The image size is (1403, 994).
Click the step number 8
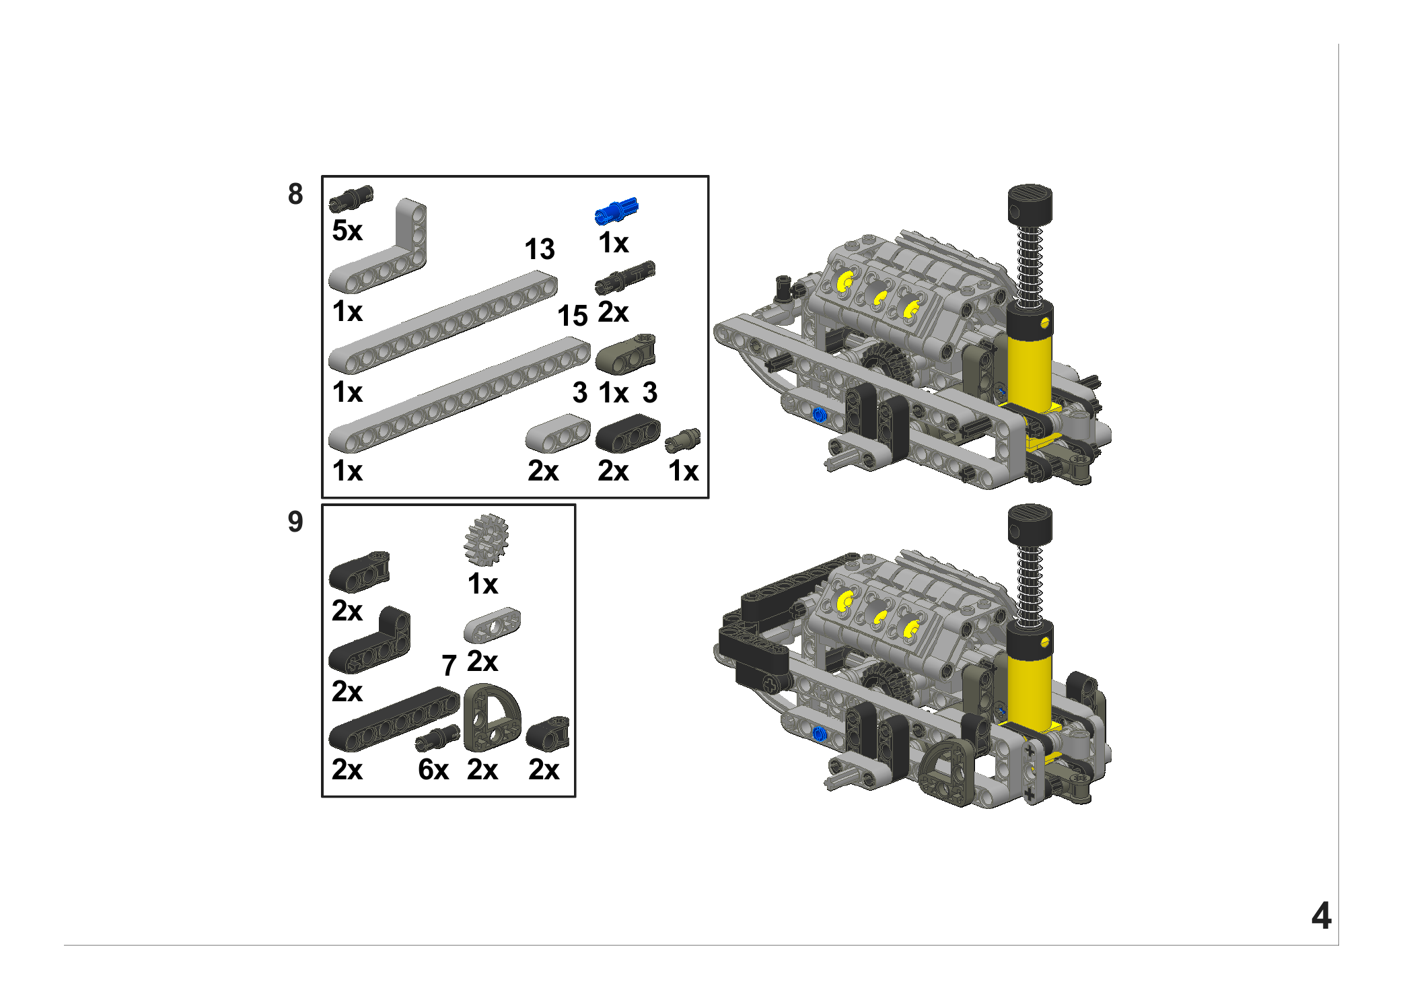click(x=295, y=194)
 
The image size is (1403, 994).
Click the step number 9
click(x=295, y=522)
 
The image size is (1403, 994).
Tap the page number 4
click(x=1321, y=916)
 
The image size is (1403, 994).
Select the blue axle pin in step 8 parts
click(x=616, y=211)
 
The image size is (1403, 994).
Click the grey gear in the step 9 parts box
click(x=486, y=540)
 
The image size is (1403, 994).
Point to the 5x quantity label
click(x=347, y=230)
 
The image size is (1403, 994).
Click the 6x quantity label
click(x=433, y=769)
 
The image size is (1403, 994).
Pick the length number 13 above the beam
click(x=540, y=249)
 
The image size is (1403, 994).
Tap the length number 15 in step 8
click(x=573, y=316)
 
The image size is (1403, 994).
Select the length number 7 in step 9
click(x=449, y=666)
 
